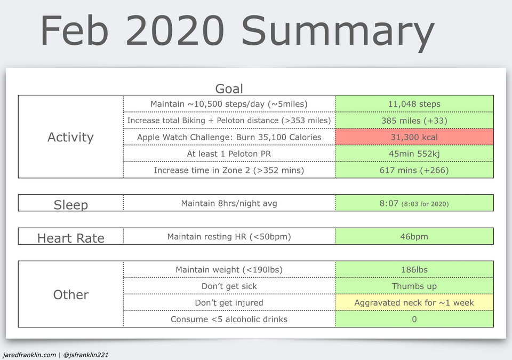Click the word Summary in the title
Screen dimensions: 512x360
338,33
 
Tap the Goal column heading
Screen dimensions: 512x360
229,89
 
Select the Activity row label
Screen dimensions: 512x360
70,137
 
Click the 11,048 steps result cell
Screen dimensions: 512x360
414,104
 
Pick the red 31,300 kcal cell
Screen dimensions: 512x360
414,137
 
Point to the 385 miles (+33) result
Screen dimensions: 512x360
414,121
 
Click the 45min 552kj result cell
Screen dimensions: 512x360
414,154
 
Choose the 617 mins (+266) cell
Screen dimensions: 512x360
414,170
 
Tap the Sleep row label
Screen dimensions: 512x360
71,205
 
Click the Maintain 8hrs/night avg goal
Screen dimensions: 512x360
229,203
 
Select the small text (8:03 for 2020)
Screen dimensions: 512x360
425,204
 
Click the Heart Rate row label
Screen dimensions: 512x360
71,238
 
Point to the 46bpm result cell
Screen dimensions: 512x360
414,236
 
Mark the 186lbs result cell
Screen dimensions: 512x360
414,269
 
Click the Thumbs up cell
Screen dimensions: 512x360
414,286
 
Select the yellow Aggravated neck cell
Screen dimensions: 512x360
414,302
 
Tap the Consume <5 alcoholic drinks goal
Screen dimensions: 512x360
229,319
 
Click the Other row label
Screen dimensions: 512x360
71,294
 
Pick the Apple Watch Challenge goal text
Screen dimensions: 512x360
229,137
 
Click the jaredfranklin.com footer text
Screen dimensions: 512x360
29,355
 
